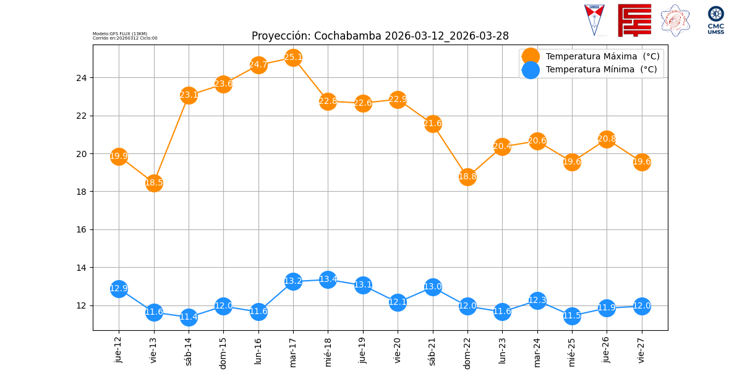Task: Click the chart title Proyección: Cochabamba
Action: pyautogui.click(x=380, y=36)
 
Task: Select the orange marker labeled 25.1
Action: pyautogui.click(x=293, y=58)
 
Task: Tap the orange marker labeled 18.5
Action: pyautogui.click(x=154, y=182)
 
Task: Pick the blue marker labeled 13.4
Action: pyautogui.click(x=328, y=279)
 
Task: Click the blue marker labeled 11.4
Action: pyautogui.click(x=189, y=317)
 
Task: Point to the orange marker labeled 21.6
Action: pyautogui.click(x=433, y=124)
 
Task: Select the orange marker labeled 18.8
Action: pyautogui.click(x=467, y=177)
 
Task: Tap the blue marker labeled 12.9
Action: pyautogui.click(x=119, y=288)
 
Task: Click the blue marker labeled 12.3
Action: pyautogui.click(x=537, y=301)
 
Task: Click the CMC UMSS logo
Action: pyautogui.click(x=715, y=20)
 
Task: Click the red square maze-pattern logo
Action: pyautogui.click(x=634, y=20)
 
